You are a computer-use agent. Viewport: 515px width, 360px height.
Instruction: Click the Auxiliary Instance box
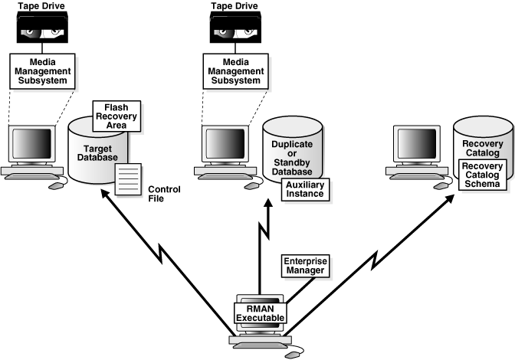click(305, 188)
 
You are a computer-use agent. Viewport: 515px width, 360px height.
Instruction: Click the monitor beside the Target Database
click(32, 143)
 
